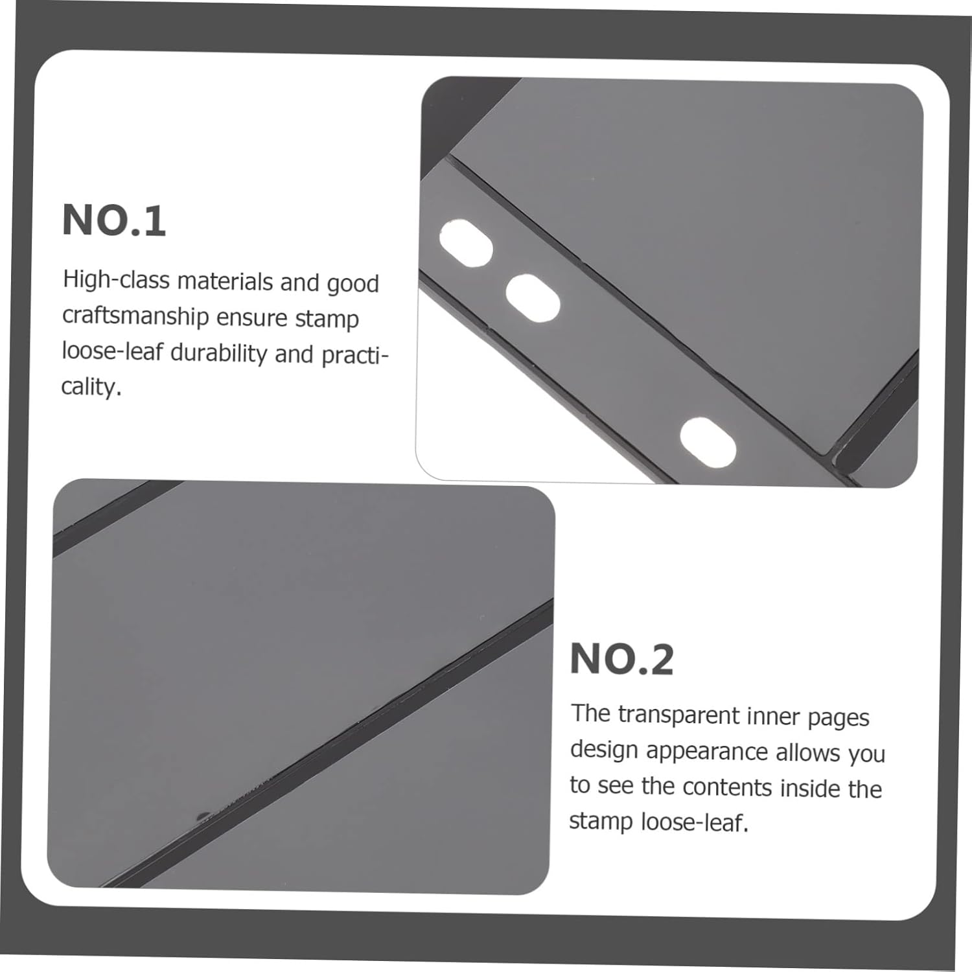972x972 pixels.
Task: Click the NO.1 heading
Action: tap(114, 220)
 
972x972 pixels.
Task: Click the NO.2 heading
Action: tap(622, 660)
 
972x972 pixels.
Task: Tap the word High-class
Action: tap(116, 281)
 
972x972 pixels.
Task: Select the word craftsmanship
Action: tap(135, 316)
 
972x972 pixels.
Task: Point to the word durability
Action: tap(218, 353)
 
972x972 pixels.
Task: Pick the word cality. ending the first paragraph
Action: tap(91, 387)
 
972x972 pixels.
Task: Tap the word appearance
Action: tap(707, 752)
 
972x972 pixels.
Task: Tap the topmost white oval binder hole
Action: tap(466, 242)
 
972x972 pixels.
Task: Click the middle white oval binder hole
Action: tap(533, 298)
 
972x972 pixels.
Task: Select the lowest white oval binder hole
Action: tap(708, 442)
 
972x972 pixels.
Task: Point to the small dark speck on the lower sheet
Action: tap(202, 815)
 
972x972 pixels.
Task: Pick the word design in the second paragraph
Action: tap(605, 750)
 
